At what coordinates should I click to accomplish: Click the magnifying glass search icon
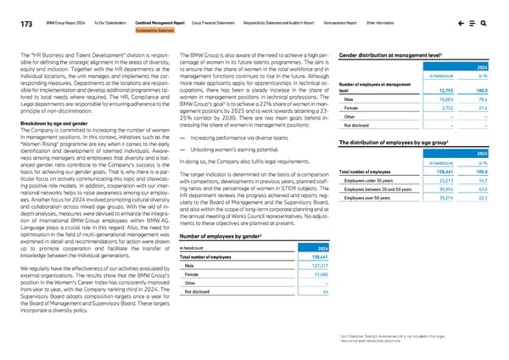click(482, 25)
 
